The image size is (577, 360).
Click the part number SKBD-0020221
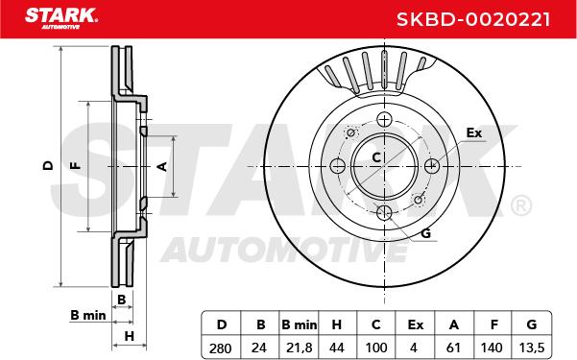coord(473,19)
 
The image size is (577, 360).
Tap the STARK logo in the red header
coord(61,18)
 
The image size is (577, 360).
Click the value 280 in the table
coord(220,348)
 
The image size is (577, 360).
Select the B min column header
coord(299,324)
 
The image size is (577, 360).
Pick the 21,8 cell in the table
coord(299,348)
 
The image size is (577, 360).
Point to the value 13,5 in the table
coord(531,348)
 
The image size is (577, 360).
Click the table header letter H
coord(336,324)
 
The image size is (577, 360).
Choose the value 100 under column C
coord(375,348)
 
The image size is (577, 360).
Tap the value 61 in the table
coord(453,348)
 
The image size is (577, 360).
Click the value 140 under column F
coord(492,348)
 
